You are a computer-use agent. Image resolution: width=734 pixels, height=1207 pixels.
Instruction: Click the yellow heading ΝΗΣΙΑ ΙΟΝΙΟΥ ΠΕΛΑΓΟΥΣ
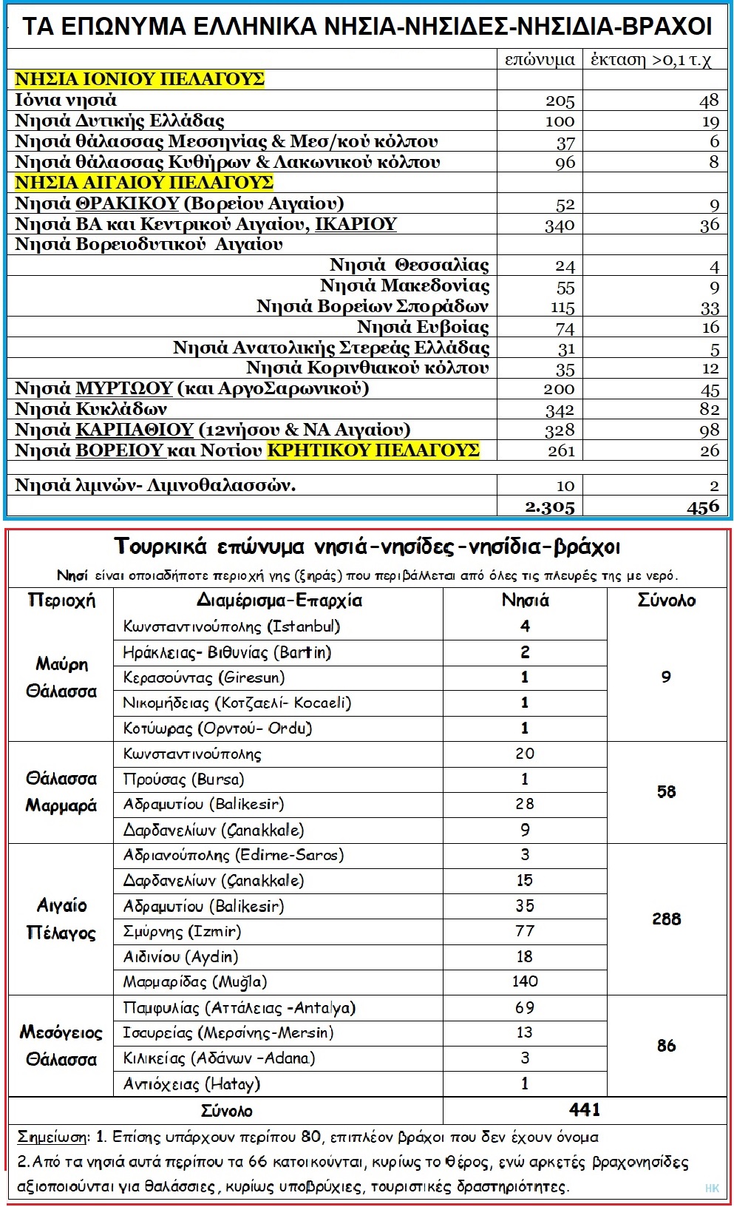[x=140, y=79]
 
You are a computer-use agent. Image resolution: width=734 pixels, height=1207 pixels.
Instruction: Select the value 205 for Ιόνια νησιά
[x=560, y=101]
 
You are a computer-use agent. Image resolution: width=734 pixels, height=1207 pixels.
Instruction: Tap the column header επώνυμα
[x=540, y=60]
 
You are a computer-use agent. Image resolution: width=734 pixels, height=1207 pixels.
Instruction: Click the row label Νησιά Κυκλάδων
[x=91, y=409]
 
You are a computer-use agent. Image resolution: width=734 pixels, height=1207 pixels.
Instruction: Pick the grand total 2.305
[x=549, y=507]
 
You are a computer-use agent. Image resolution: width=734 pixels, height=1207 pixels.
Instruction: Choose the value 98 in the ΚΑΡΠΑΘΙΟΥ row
[x=709, y=430]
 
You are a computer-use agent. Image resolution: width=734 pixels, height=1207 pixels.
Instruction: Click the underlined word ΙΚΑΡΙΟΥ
[x=356, y=224]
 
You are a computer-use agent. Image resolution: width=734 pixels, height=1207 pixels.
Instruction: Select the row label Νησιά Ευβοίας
[x=423, y=327]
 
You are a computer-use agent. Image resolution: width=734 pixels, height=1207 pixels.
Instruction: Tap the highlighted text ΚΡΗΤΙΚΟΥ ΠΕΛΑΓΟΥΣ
[x=373, y=450]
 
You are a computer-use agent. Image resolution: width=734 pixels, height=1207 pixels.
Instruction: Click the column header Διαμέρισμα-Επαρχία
[x=279, y=600]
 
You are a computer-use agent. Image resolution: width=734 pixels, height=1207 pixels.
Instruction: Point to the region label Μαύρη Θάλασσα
[x=61, y=677]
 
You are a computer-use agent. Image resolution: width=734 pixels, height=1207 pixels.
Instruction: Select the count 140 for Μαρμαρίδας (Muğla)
[x=524, y=981]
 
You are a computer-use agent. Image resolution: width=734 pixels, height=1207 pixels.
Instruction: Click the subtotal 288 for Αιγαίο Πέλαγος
[x=666, y=919]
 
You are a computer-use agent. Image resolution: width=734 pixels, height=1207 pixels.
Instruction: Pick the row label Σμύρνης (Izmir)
[x=182, y=931]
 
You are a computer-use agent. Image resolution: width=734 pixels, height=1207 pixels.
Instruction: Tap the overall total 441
[x=584, y=1109]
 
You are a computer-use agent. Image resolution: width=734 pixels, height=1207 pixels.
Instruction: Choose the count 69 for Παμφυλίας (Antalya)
[x=524, y=1007]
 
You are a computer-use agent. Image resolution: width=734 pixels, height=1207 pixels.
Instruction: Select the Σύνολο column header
[x=666, y=600]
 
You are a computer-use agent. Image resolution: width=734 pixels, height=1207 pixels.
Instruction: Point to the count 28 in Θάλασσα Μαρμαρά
[x=524, y=804]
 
